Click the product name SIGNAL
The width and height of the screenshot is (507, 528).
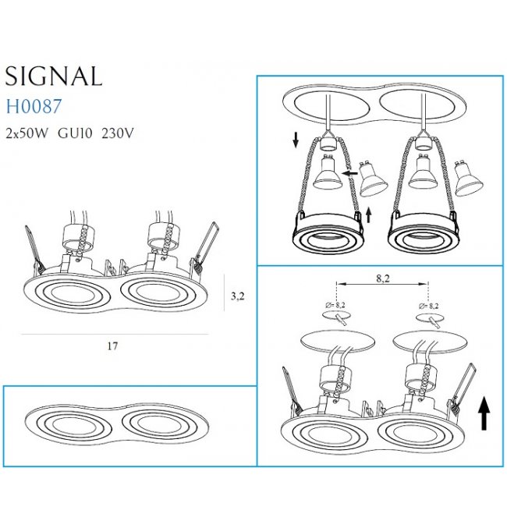(x=54, y=76)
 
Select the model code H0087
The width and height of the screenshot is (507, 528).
(x=34, y=106)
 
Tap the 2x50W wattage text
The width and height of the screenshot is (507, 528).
(x=27, y=133)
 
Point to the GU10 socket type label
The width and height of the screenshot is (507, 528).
(x=75, y=133)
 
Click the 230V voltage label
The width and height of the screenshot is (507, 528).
(x=117, y=133)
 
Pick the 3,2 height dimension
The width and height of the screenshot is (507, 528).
(x=237, y=296)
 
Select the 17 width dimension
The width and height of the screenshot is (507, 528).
(x=112, y=346)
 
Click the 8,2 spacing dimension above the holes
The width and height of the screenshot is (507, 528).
(x=383, y=278)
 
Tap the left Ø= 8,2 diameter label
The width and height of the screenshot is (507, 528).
(x=335, y=305)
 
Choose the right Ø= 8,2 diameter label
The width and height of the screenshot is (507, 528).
(x=429, y=306)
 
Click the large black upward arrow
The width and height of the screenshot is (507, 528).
(x=484, y=413)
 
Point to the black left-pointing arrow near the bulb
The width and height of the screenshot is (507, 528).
(x=349, y=173)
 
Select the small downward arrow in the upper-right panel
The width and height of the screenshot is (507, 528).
(x=296, y=140)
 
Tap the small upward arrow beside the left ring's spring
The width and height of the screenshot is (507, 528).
(x=368, y=214)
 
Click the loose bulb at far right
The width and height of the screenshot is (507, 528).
(x=468, y=179)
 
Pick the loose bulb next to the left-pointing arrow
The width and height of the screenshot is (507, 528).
(x=374, y=179)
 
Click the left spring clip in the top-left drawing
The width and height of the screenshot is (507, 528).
(x=34, y=248)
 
